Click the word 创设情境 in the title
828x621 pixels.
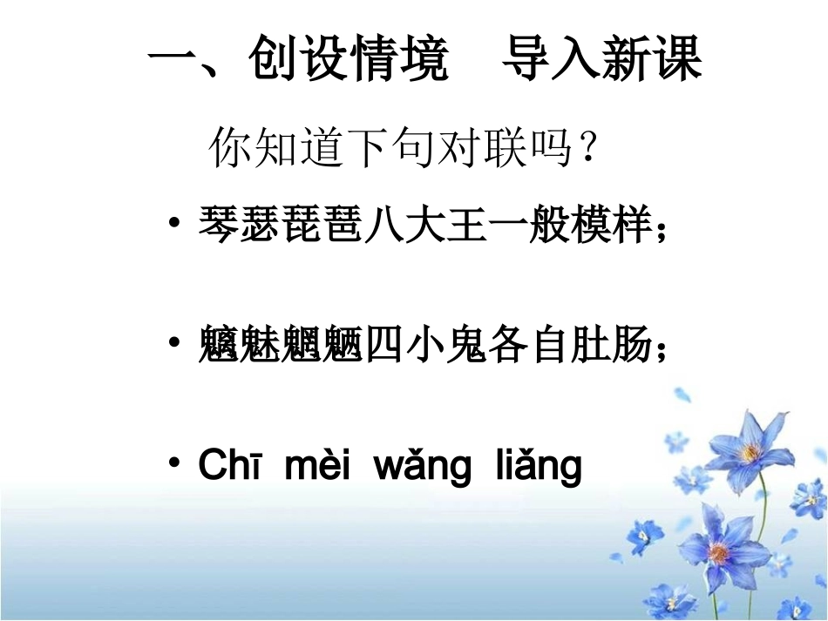pyautogui.click(x=348, y=61)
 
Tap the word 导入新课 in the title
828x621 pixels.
pyautogui.click(x=602, y=61)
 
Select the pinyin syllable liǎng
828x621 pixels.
pyautogui.click(x=538, y=468)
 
